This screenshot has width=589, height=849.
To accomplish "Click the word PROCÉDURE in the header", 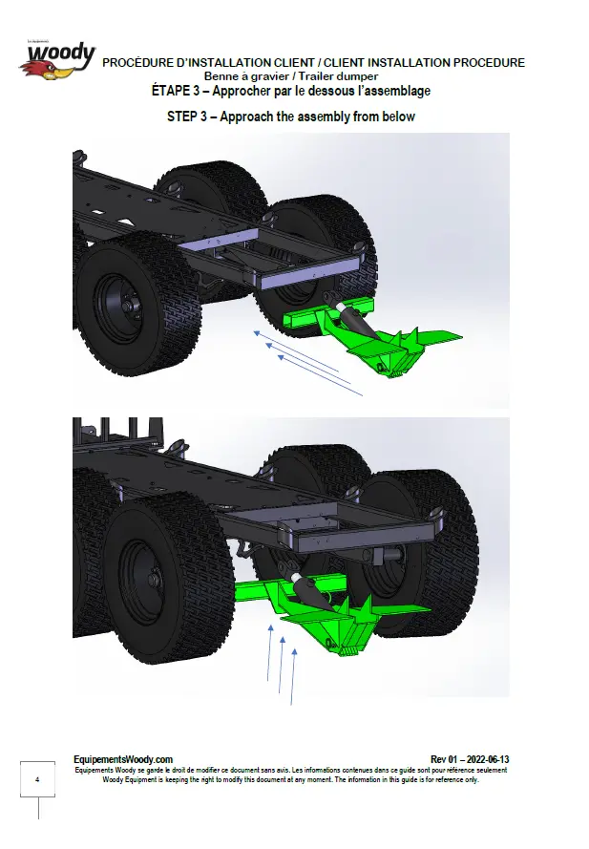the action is (x=131, y=63).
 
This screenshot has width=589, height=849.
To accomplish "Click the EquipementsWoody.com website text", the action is (x=123, y=759).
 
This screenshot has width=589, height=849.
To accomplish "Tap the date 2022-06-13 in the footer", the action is (x=487, y=759).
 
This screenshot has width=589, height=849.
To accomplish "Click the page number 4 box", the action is (x=37, y=779).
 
